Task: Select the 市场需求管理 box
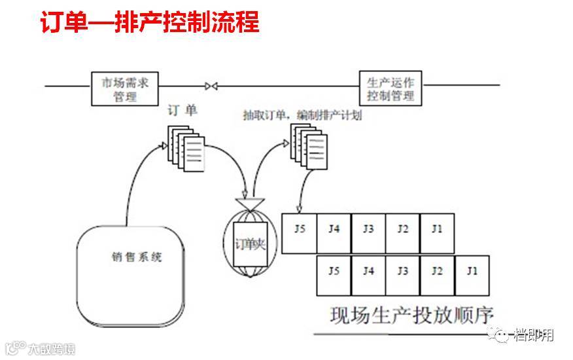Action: tap(125, 90)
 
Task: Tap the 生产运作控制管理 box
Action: tap(391, 89)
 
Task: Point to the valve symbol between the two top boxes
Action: tap(211, 85)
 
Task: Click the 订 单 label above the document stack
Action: tap(182, 111)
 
